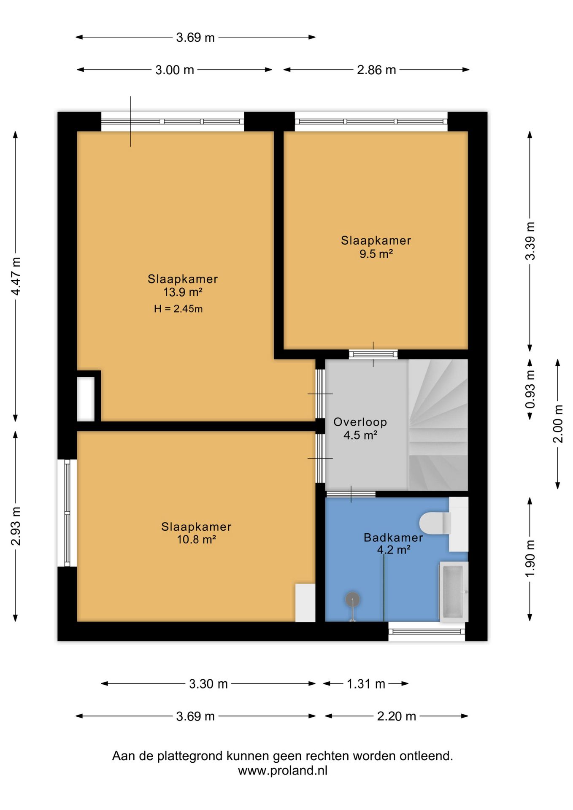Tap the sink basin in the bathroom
pyautogui.click(x=454, y=591)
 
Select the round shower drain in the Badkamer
pyautogui.click(x=352, y=599)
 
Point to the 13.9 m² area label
pyautogui.click(x=183, y=292)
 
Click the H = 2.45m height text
pyautogui.click(x=178, y=309)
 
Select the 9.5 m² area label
pyautogui.click(x=376, y=254)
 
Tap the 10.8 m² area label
pyautogui.click(x=196, y=540)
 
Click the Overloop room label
pyautogui.click(x=360, y=422)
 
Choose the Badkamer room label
pyautogui.click(x=393, y=537)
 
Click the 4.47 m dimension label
pyautogui.click(x=16, y=276)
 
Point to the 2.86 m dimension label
pyautogui.click(x=376, y=70)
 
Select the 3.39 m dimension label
pyautogui.click(x=530, y=241)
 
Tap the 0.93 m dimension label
pyautogui.click(x=530, y=389)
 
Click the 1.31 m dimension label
pyautogui.click(x=366, y=684)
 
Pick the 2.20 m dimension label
pyautogui.click(x=397, y=716)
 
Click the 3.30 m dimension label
pyautogui.click(x=208, y=684)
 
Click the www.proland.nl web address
pyautogui.click(x=283, y=770)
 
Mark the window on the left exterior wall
pyautogui.click(x=67, y=513)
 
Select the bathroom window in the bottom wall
pyautogui.click(x=427, y=632)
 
